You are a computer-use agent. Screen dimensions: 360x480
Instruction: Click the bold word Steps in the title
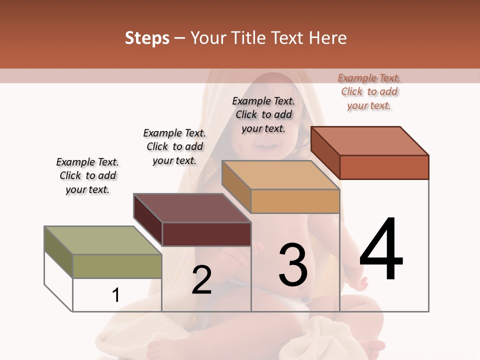(x=147, y=38)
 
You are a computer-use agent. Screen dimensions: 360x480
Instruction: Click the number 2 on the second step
(x=201, y=280)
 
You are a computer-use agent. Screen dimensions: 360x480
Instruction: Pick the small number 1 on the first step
(x=115, y=295)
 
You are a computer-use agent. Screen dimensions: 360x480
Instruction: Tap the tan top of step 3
(x=280, y=174)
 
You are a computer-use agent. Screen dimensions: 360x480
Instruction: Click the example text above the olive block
(x=87, y=175)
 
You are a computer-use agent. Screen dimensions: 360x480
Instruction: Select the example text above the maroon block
(x=174, y=146)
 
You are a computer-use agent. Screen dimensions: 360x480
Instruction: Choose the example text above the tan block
(x=263, y=114)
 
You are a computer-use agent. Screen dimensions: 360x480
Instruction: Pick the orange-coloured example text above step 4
(x=369, y=91)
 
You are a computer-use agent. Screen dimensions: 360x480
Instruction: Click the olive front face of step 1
(x=117, y=266)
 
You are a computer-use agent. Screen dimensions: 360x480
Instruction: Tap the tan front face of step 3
(x=295, y=201)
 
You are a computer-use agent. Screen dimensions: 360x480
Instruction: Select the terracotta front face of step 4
(x=384, y=167)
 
